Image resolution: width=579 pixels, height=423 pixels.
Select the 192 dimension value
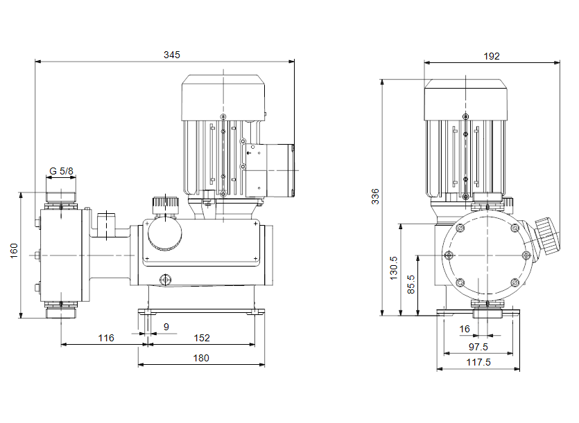492,56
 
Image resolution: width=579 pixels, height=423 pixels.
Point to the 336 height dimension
375,197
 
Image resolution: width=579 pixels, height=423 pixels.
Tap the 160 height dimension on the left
15,251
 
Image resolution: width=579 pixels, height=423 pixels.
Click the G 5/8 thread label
62,171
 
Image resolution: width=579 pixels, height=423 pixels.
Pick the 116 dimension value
105,338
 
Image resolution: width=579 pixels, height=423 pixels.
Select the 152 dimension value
202,338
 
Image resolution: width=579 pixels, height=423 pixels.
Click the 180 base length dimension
200,358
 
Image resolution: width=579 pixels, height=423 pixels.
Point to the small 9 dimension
165,326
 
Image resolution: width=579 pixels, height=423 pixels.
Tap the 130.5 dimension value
394,268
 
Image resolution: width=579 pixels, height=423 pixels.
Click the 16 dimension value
465,329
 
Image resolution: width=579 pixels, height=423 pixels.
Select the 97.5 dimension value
478,347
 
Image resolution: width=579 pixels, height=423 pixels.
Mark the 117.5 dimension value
478,362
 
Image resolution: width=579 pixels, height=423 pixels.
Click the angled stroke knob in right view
547,237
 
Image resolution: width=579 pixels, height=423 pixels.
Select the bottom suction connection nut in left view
61,312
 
